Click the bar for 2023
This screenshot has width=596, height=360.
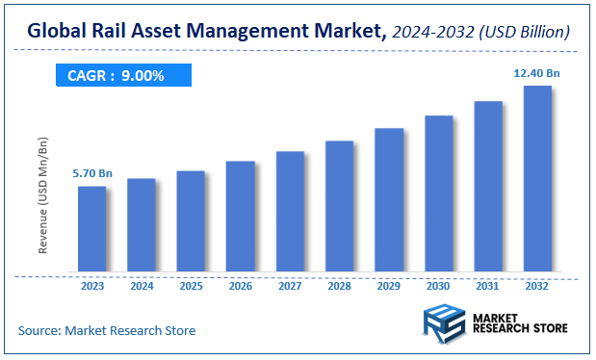coord(91,228)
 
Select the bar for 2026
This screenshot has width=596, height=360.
coord(241,216)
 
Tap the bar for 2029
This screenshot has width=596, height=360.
coord(389,199)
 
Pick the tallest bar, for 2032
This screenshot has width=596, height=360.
coord(537,178)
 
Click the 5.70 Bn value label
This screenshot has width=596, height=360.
coord(92,173)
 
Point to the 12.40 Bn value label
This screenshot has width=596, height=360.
coord(537,72)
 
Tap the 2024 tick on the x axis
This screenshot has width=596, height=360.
coord(142,286)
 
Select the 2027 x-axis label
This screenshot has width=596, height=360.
coord(290,286)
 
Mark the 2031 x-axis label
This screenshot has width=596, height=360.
coord(488,286)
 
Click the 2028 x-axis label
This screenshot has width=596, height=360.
coord(339,286)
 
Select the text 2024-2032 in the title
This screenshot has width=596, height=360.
coord(432,34)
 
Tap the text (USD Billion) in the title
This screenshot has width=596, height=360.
coord(525,34)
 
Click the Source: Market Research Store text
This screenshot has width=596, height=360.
coord(107,331)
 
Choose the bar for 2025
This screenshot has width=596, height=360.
coord(191,220)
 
